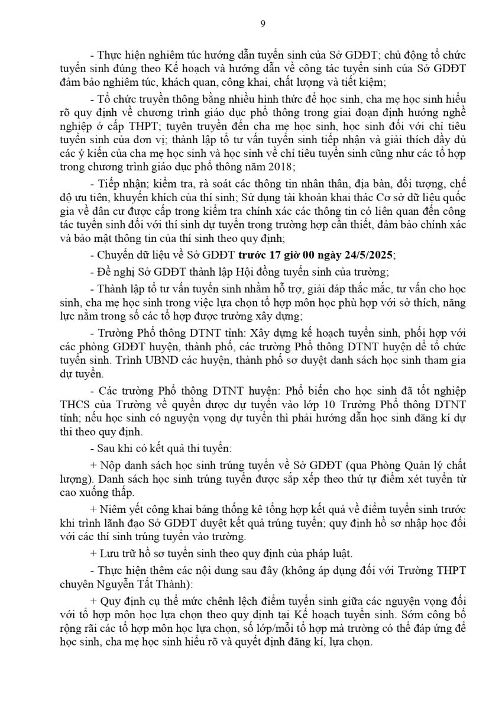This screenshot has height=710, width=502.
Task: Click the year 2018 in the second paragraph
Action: click(284, 167)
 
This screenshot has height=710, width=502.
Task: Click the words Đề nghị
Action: click(114, 272)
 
